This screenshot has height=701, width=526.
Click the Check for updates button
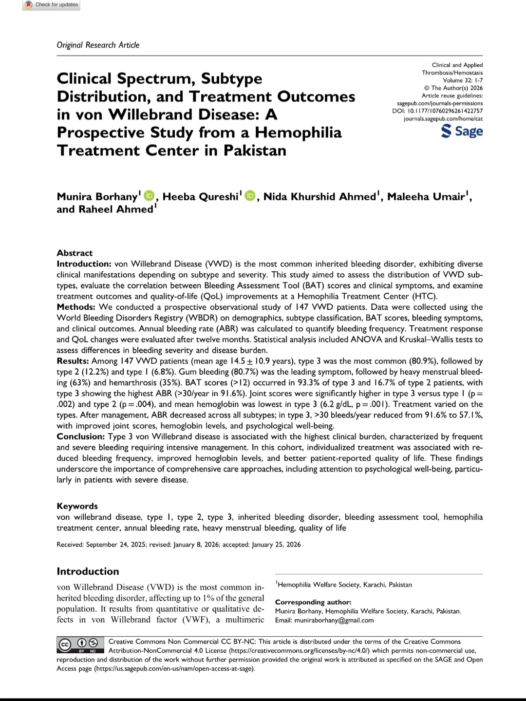[52, 5]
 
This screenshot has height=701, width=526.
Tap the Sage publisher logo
[462, 131]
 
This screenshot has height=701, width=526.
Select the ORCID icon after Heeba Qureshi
[250, 196]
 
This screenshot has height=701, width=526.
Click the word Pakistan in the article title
[255, 150]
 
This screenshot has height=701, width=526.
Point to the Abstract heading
[75, 253]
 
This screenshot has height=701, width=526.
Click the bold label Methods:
[76, 307]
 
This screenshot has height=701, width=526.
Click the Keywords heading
[77, 506]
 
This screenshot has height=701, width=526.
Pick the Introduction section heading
[88, 571]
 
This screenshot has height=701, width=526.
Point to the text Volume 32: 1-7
[463, 80]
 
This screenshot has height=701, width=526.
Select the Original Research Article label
[98, 45]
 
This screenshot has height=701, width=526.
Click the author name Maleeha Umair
[426, 197]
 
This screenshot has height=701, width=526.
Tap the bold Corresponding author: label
[313, 602]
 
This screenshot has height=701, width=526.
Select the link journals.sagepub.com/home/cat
[443, 119]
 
